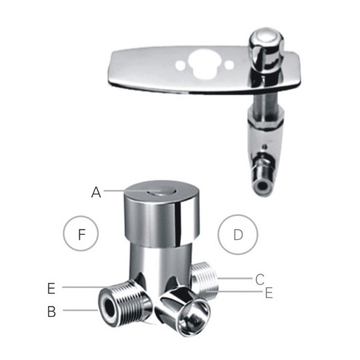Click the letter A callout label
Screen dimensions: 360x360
click(x=96, y=192)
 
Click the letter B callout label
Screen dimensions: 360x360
click(x=52, y=312)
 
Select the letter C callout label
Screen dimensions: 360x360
click(x=260, y=279)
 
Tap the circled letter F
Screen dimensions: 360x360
click(x=81, y=233)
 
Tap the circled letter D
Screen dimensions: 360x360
click(x=238, y=235)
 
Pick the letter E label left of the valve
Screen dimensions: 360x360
click(x=51, y=289)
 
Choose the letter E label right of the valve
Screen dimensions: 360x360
click(x=269, y=293)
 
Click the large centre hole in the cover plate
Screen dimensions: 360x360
click(x=204, y=63)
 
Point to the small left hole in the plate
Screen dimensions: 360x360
click(x=180, y=65)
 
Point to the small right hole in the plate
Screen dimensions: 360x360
click(x=229, y=64)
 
